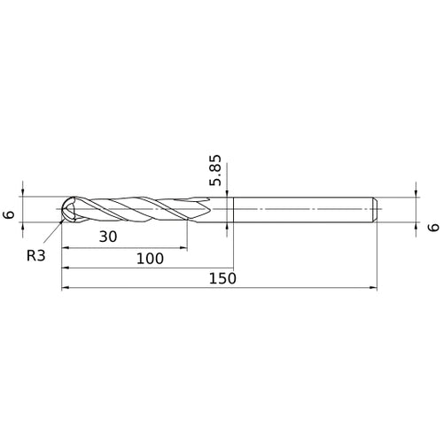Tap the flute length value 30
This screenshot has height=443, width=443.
pos(108,237)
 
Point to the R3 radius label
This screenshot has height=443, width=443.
pos(36,254)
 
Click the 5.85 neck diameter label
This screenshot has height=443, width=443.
pos(216,170)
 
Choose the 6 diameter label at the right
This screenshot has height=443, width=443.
pos(432,227)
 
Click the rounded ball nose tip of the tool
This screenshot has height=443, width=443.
pos(64,209)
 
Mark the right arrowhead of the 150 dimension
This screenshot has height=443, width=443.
pos(373,288)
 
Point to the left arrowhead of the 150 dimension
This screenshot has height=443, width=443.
pos(65,288)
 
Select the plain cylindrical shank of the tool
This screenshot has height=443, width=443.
pos(301,209)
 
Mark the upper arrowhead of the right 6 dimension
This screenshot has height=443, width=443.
pos(415,193)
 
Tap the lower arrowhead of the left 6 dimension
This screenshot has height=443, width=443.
pos(24,225)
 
